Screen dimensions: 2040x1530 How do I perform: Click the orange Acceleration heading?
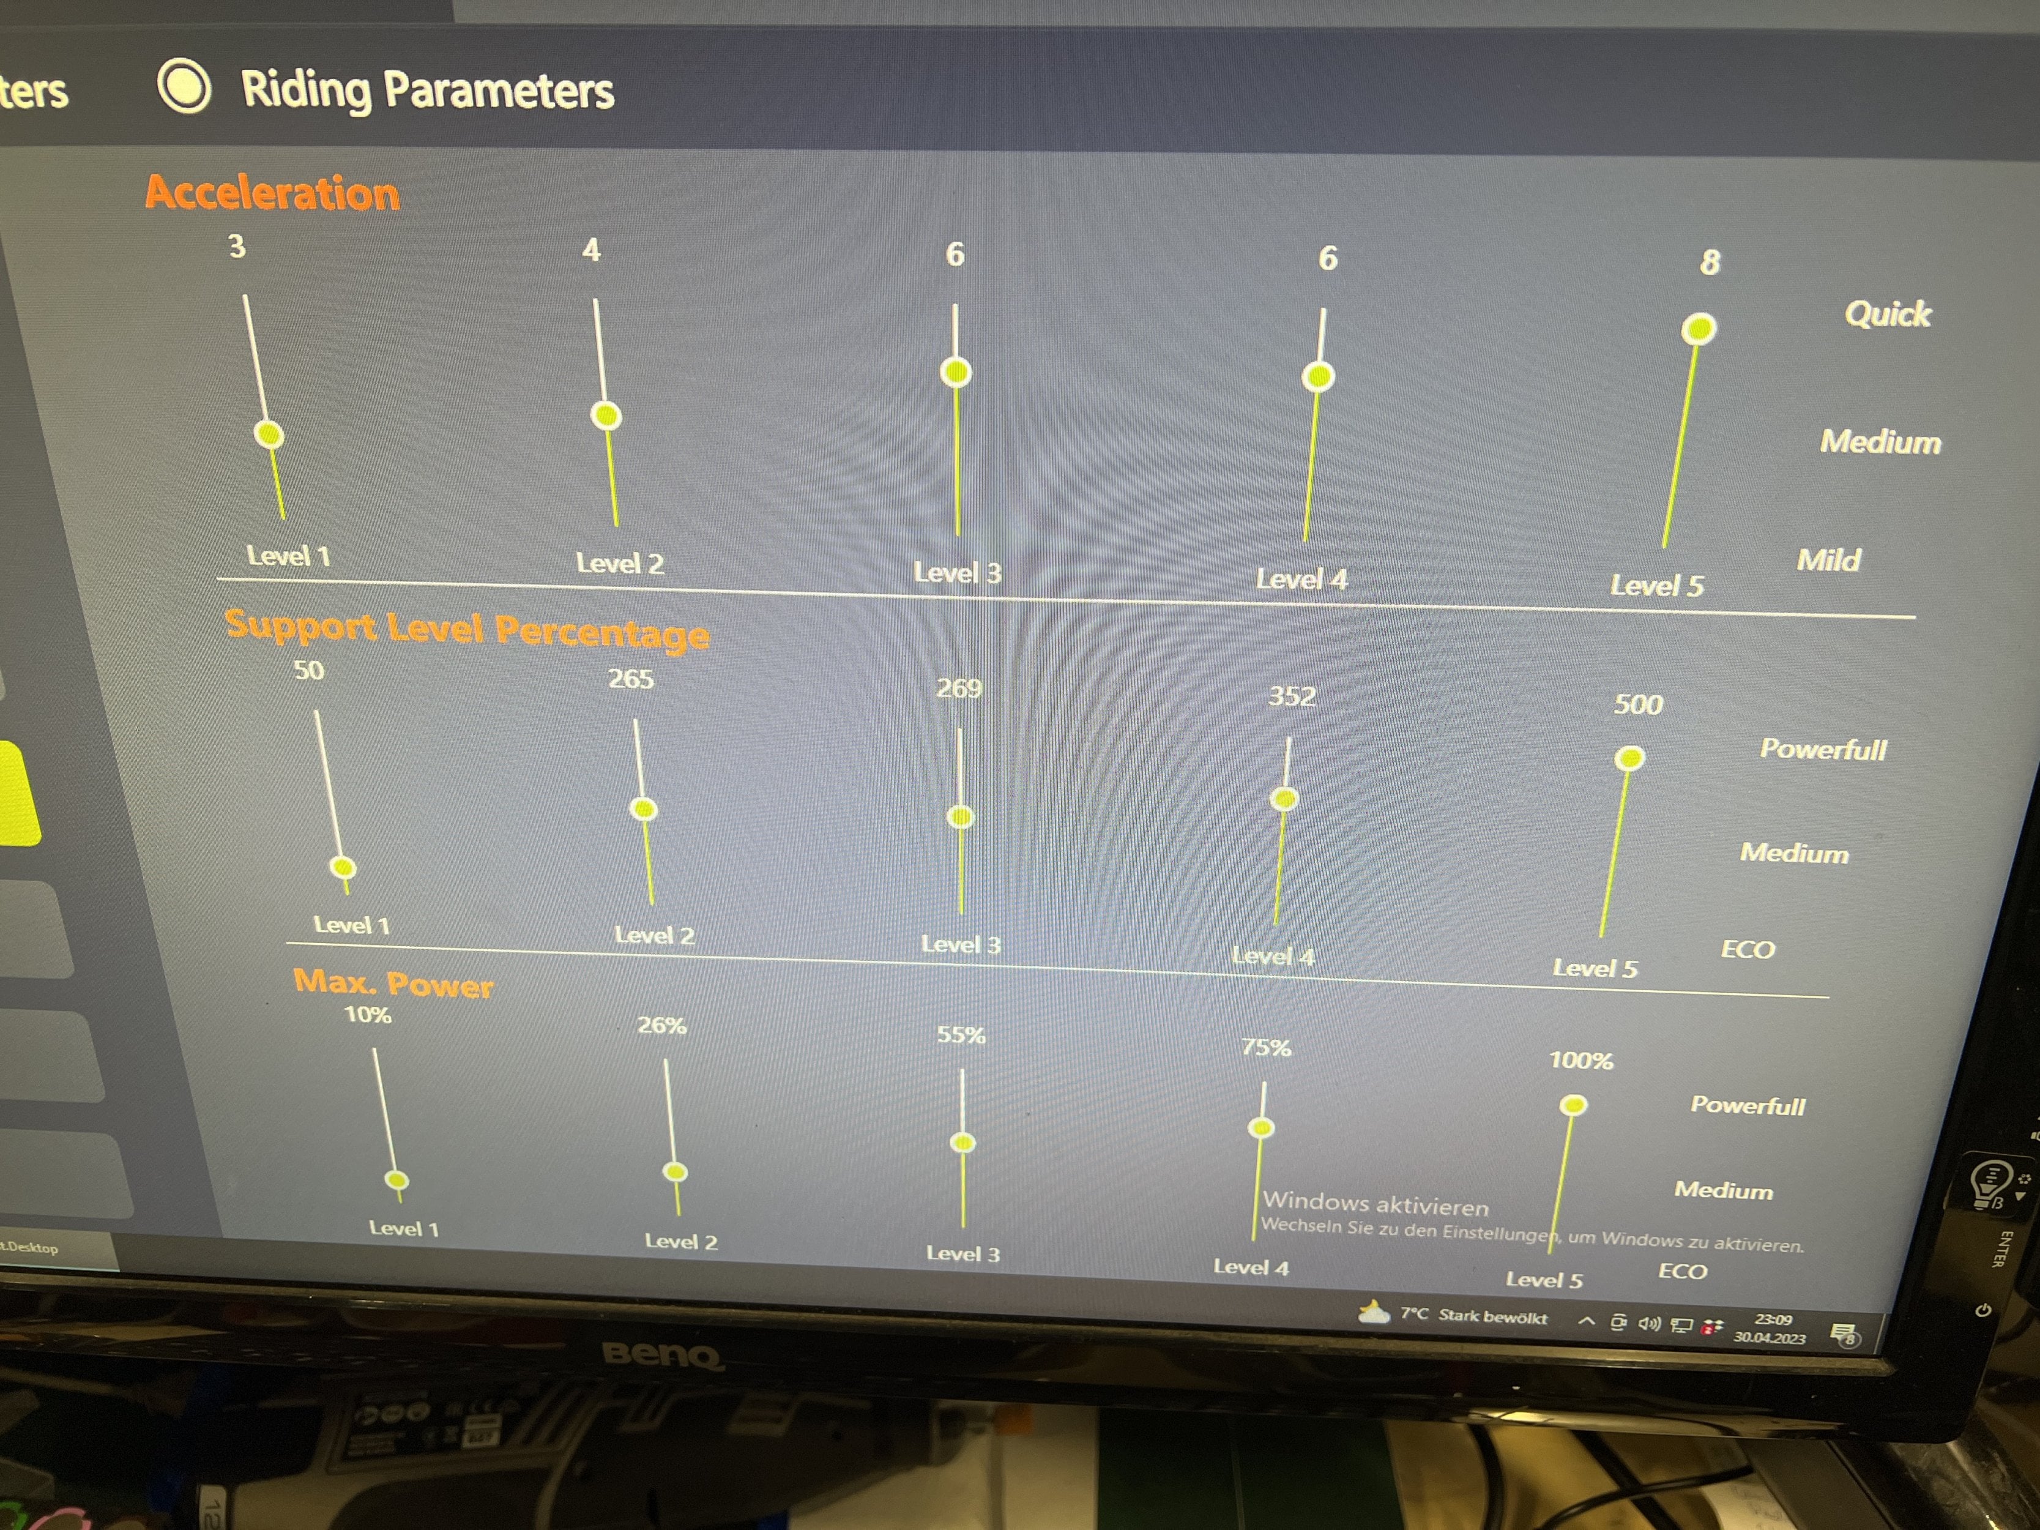[x=273, y=193]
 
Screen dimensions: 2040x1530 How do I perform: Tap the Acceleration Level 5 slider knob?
[x=1698, y=328]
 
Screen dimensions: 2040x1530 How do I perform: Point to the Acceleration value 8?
[x=1710, y=262]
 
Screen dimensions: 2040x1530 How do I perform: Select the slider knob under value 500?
[x=1629, y=758]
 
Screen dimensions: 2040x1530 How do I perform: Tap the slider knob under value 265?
[x=643, y=809]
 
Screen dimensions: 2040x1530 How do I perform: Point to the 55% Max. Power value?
[x=961, y=1035]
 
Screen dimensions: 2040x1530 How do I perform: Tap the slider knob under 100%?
[x=1573, y=1105]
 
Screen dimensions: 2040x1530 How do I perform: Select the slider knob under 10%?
[x=396, y=1179]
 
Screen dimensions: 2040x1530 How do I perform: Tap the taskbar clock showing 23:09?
[x=1773, y=1319]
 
